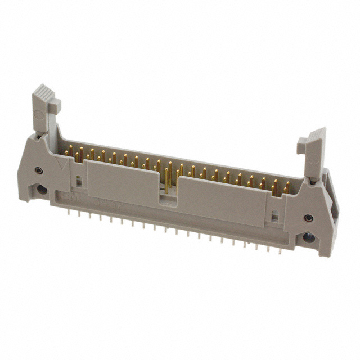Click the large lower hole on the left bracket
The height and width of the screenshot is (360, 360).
[x=41, y=189]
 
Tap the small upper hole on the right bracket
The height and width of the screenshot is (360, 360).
[x=308, y=218]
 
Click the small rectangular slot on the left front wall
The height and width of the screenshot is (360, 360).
[x=79, y=182]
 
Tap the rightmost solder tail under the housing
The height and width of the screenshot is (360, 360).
[x=271, y=247]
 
